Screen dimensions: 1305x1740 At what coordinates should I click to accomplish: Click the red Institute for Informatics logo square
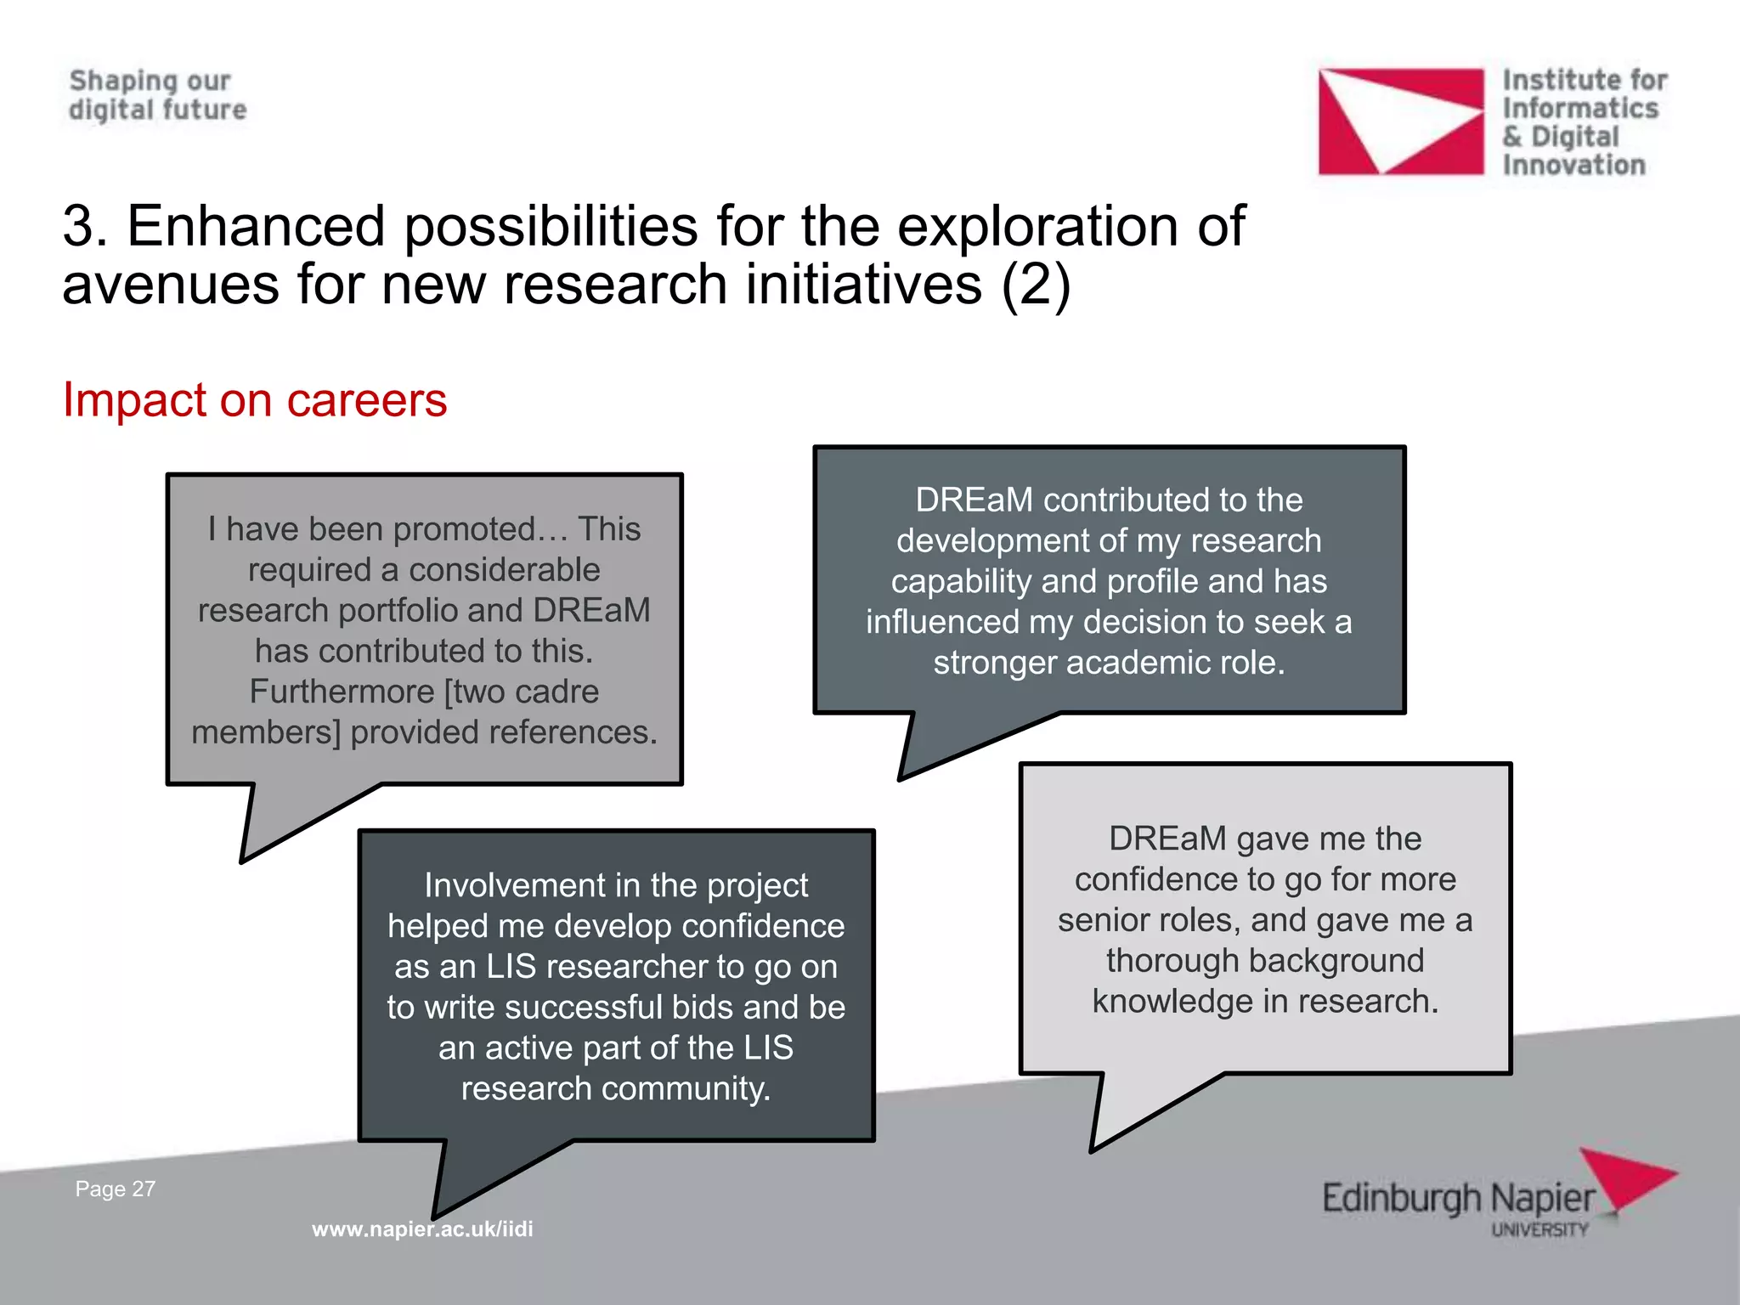1400,121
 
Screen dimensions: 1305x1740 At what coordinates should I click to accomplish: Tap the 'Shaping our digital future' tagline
157,95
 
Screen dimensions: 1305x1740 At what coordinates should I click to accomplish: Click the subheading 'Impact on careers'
254,399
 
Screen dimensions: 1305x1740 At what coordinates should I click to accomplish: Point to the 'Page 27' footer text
116,1189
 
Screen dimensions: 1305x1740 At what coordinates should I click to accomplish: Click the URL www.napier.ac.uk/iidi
422,1229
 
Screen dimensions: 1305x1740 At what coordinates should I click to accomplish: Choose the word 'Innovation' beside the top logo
1573,165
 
